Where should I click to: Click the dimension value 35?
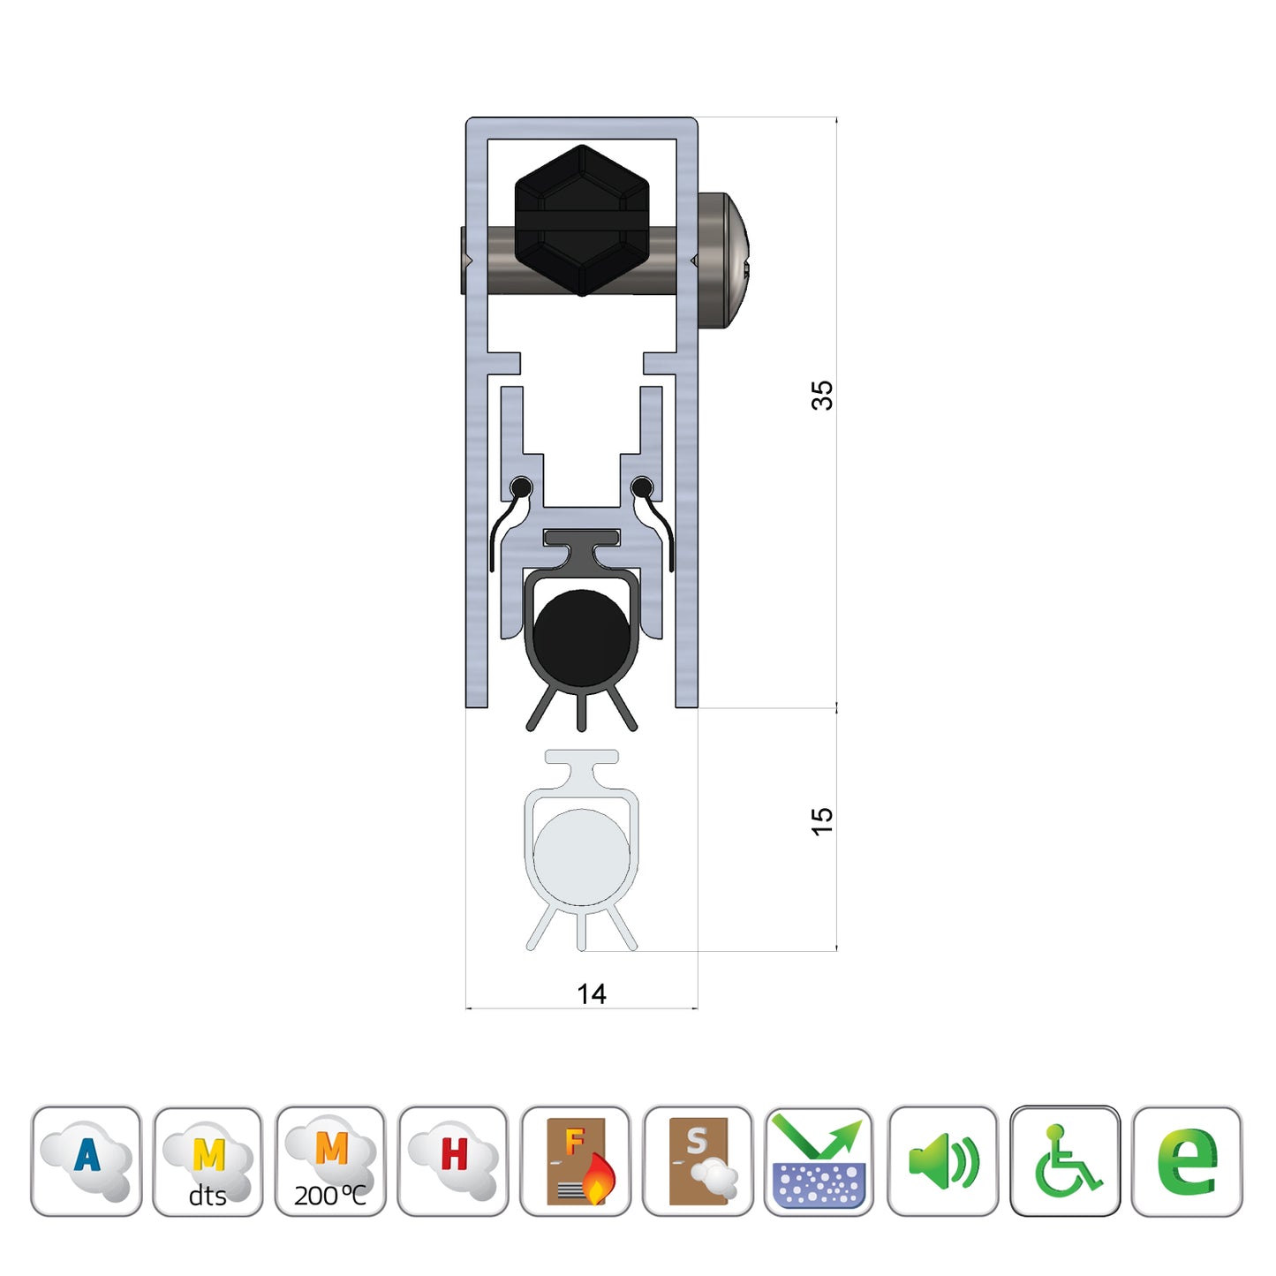821,395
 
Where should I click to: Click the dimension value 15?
821,821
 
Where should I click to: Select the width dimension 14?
591,994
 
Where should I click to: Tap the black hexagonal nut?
582,221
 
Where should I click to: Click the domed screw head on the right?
724,260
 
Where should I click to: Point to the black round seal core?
582,637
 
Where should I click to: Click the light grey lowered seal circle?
582,857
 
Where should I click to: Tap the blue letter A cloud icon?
87,1160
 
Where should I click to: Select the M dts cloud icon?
208,1160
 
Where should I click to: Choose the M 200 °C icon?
330,1160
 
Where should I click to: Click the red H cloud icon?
453,1160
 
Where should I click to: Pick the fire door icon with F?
576,1160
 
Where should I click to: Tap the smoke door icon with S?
698,1160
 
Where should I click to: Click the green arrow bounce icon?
819,1160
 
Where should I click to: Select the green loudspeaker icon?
942,1160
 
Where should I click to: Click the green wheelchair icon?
1065,1160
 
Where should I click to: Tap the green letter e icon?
1187,1160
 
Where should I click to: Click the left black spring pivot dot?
521,487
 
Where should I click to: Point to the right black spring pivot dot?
642,487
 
